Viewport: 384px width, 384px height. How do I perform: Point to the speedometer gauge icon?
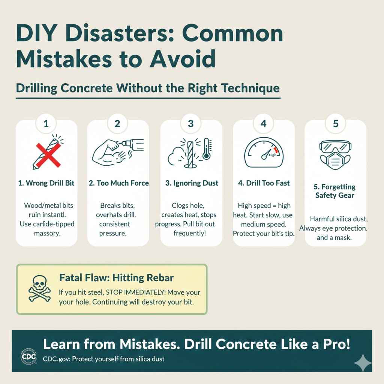263,153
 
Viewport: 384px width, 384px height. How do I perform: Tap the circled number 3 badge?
191,123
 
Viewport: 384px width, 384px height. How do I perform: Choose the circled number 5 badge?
335,123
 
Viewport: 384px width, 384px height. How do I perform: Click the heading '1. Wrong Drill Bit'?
46,183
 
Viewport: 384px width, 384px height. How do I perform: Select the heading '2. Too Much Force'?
119,183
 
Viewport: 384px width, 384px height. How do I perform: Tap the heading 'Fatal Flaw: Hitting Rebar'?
117,278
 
